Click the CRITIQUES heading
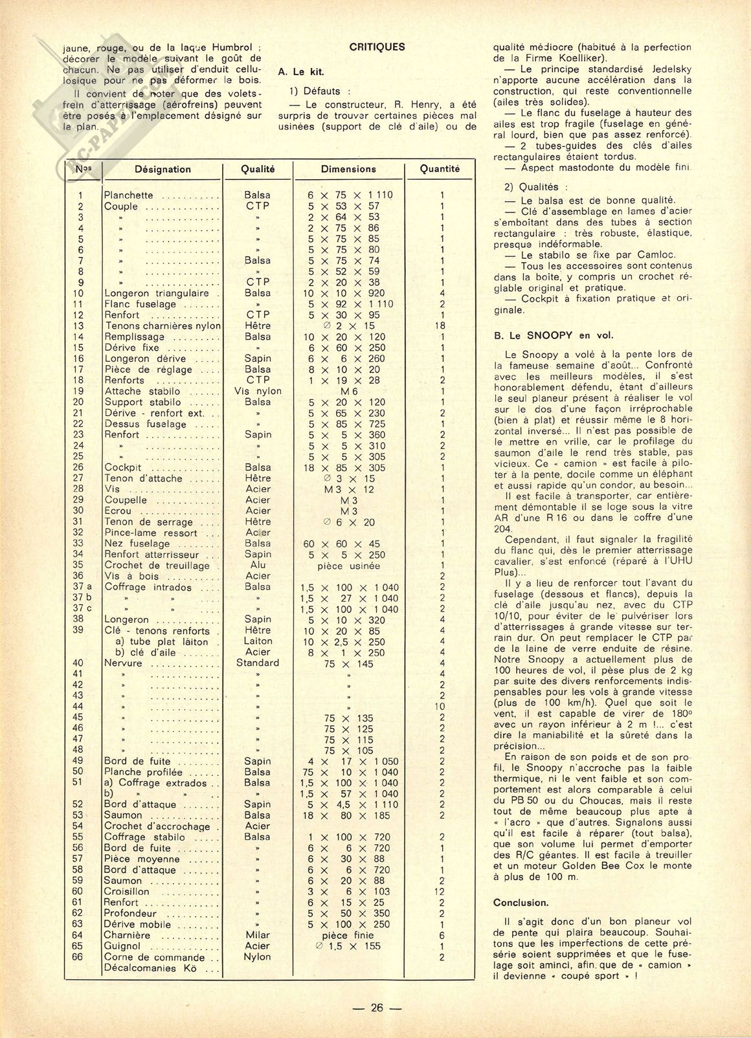pyautogui.click(x=377, y=47)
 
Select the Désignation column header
pyautogui.click(x=163, y=169)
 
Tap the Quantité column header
pyautogui.click(x=440, y=168)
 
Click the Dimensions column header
pyautogui.click(x=348, y=169)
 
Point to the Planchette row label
pyautogui.click(x=129, y=195)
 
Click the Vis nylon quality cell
pyautogui.click(x=258, y=391)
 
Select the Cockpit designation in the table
pyautogui.click(x=123, y=467)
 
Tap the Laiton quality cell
pyautogui.click(x=258, y=641)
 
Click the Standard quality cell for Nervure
pyautogui.click(x=258, y=663)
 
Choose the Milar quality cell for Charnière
pyautogui.click(x=258, y=935)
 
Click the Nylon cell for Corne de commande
pyautogui.click(x=258, y=957)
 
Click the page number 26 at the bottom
pyautogui.click(x=377, y=1008)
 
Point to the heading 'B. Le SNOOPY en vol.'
pyautogui.click(x=553, y=335)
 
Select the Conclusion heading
pyautogui.click(x=521, y=903)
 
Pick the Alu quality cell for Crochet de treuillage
pyautogui.click(x=258, y=565)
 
